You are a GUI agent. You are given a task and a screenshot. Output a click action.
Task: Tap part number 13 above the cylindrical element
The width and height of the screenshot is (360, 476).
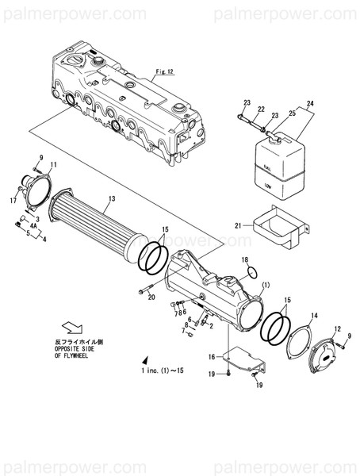pos(112,198)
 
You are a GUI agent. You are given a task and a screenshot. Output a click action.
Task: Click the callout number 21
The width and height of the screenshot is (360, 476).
pos(237,225)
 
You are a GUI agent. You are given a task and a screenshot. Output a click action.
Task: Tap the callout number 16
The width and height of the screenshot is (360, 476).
pos(211,358)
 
